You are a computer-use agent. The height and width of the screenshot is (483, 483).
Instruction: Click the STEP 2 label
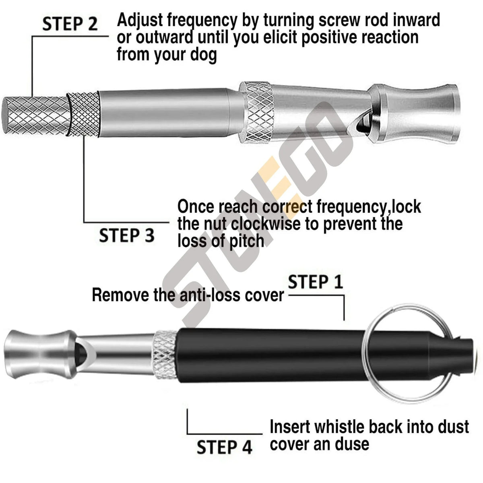click(70, 24)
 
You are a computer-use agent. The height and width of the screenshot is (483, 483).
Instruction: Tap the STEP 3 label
click(126, 235)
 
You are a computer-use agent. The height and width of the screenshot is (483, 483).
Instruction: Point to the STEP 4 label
click(224, 447)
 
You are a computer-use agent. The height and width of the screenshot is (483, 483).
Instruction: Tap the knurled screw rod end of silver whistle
click(34, 116)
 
